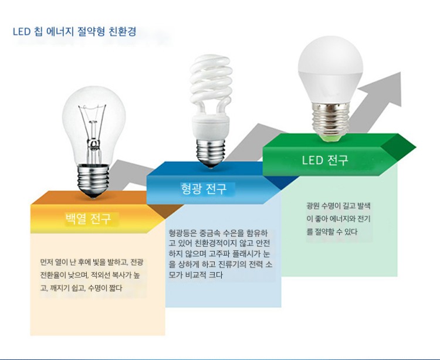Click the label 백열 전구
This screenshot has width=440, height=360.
pyautogui.click(x=89, y=219)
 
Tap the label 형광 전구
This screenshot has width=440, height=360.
pyautogui.click(x=204, y=188)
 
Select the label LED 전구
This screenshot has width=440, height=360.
pyautogui.click(x=325, y=160)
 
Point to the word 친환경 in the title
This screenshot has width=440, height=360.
pyautogui.click(x=123, y=31)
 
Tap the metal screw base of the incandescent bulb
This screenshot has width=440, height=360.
pyautogui.click(x=93, y=181)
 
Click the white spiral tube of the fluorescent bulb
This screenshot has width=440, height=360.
pyautogui.click(x=211, y=84)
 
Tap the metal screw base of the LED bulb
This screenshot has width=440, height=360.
pyautogui.click(x=330, y=121)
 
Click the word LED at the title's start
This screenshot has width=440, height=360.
pyautogui.click(x=22, y=32)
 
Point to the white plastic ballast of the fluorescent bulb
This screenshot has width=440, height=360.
pyautogui.click(x=211, y=127)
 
